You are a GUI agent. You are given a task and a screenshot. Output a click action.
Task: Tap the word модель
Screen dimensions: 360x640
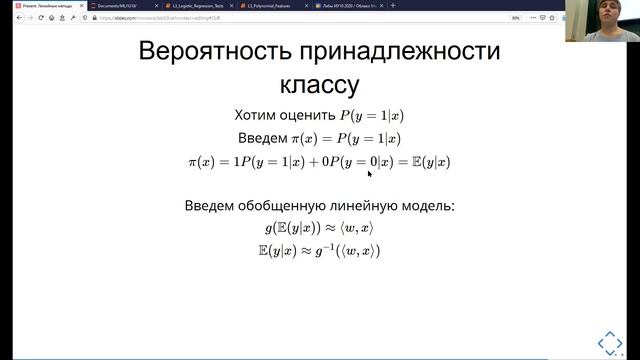click(429, 206)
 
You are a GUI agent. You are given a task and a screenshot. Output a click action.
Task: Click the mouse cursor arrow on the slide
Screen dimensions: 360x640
click(369, 173)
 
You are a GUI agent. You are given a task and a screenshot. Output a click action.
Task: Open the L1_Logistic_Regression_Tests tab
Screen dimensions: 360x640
click(194, 6)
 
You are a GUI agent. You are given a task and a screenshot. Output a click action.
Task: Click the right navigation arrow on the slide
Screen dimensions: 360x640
click(620, 341)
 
